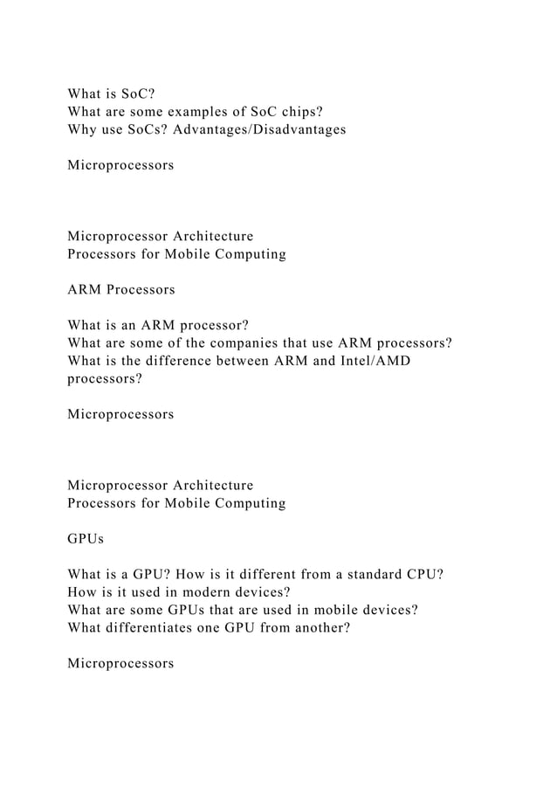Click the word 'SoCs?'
145,129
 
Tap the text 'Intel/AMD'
375,362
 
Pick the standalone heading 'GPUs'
85,539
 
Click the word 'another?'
320,628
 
